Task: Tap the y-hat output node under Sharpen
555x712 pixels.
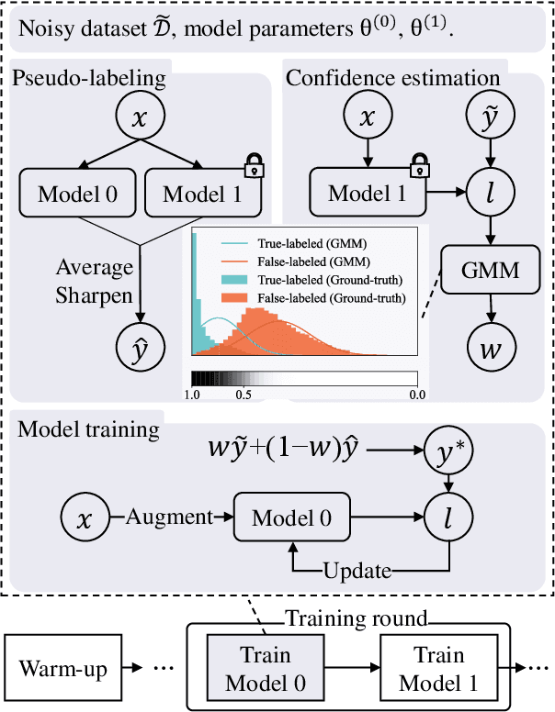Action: (x=142, y=350)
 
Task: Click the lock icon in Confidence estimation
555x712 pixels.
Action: (x=420, y=166)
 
